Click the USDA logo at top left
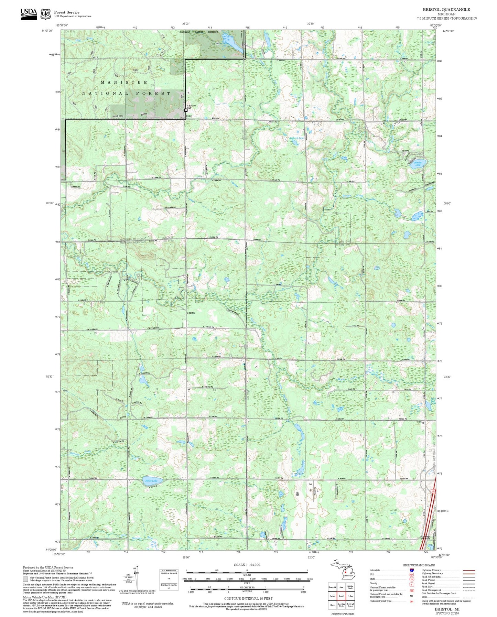[29, 13]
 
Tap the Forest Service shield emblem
[45, 14]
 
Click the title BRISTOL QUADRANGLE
[446, 9]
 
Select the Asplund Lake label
[296, 138]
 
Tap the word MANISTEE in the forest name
[124, 83]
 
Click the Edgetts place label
[191, 313]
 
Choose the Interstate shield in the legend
[411, 570]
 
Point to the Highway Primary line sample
[469, 570]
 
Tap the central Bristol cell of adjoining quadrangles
[341, 596]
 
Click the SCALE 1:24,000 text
[247, 565]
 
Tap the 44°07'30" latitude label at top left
[47, 31]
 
